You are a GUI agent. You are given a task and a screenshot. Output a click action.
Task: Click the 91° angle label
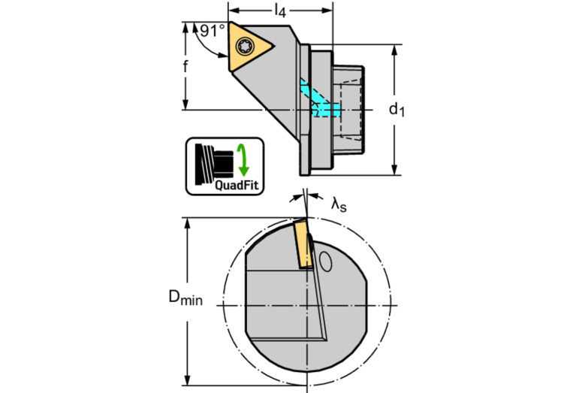tap(212, 32)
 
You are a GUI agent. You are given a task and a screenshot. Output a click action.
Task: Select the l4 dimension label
tap(279, 11)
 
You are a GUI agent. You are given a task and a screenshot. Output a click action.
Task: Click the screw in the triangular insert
tap(246, 47)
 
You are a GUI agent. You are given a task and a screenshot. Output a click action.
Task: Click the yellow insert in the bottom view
tap(303, 242)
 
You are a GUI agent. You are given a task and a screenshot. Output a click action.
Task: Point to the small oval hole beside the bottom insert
tap(325, 261)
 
